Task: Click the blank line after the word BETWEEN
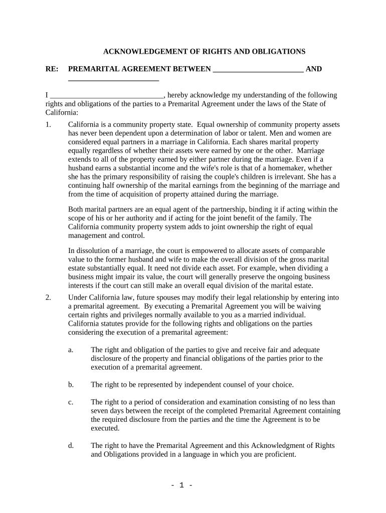[258, 70]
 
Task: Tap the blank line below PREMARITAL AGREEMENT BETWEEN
[113, 80]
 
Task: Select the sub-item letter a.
[71, 350]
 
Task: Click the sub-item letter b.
[71, 385]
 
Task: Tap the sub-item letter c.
[71, 402]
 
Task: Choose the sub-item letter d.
[71, 445]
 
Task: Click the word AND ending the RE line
[314, 69]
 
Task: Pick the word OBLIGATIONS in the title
[277, 52]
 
